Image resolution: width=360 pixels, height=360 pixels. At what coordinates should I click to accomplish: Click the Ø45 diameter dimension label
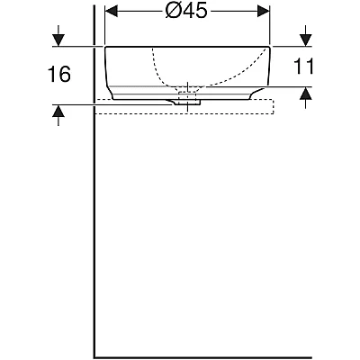186,12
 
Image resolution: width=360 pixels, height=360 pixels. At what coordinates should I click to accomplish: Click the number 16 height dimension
59,74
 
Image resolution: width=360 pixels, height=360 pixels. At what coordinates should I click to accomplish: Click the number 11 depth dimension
303,66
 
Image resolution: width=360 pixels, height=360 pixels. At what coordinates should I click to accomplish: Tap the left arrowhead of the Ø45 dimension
111,12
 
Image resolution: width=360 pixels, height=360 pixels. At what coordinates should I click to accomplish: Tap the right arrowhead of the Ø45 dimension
264,12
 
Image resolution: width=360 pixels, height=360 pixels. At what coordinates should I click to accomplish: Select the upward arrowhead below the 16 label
58,111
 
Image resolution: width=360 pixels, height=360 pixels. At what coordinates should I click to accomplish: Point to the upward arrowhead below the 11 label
305,94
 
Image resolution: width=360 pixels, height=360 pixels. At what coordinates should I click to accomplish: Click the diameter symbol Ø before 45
173,12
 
